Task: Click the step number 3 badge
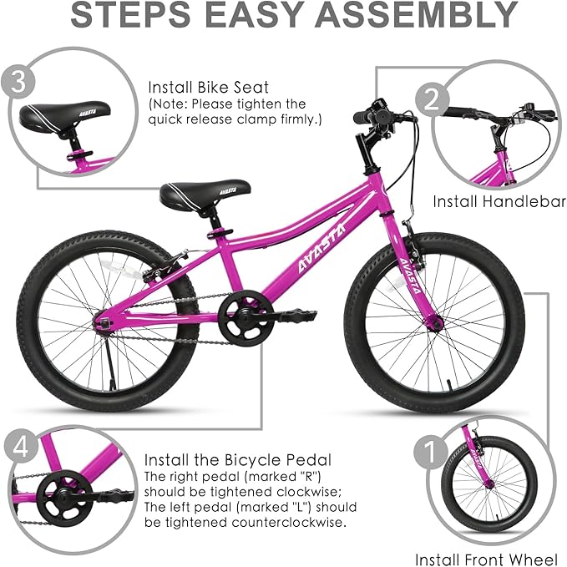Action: (x=18, y=83)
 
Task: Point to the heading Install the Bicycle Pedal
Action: (x=237, y=459)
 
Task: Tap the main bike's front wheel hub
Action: (x=433, y=320)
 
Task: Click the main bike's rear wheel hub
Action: (x=104, y=321)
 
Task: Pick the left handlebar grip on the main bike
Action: (x=360, y=119)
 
